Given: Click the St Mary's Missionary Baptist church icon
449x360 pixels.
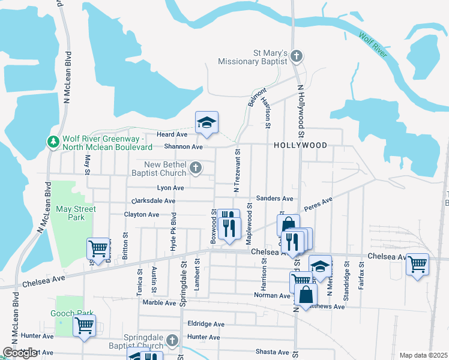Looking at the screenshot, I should tap(295, 56).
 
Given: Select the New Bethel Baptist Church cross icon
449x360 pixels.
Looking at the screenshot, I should tap(195, 169).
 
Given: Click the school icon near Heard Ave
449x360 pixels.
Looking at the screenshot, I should tap(206, 123).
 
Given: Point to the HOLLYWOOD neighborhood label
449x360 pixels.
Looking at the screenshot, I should tap(301, 146).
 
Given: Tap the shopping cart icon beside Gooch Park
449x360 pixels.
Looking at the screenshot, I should tap(85, 326).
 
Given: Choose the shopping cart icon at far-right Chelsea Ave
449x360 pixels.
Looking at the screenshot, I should tap(417, 263).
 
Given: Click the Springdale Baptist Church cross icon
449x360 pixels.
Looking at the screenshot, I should tap(172, 341).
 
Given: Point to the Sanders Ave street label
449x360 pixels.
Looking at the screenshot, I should tap(274, 198).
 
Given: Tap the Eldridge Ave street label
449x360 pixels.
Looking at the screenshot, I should tap(206, 324).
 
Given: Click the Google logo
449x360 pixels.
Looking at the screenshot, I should tap(20, 353).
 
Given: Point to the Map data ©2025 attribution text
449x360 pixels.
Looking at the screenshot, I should tap(423, 355).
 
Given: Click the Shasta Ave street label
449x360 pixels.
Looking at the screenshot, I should tap(274, 352).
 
